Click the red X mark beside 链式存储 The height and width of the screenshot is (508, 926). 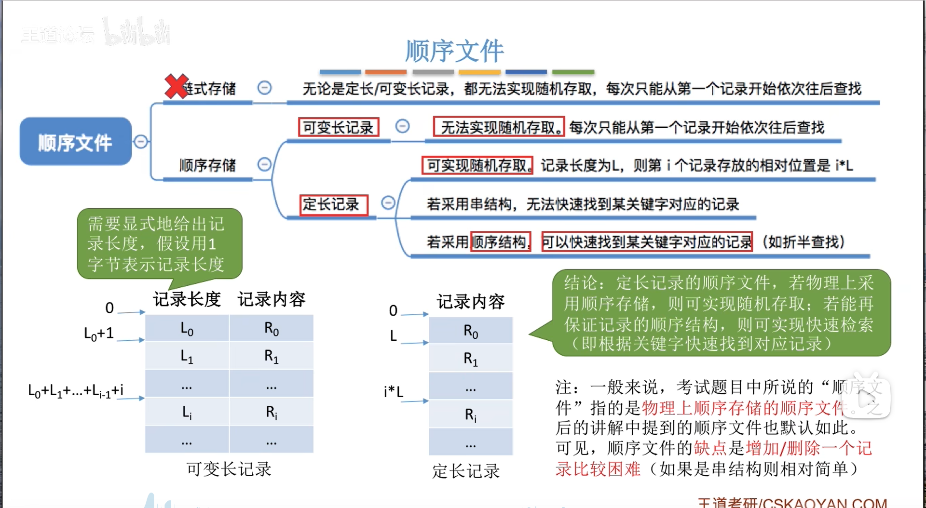(176, 87)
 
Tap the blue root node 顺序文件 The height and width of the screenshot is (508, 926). (75, 142)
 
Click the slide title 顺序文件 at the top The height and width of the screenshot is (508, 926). (454, 51)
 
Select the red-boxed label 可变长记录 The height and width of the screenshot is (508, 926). (338, 127)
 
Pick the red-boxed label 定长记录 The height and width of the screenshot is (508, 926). (333, 204)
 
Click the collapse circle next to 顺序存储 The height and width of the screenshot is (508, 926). (264, 164)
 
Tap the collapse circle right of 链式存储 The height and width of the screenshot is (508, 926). (264, 88)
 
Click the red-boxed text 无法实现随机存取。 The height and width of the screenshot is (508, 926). (499, 127)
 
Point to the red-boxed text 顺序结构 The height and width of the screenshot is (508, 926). (500, 241)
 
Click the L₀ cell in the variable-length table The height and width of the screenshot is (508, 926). (187, 329)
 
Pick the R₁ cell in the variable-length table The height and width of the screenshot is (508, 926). (272, 356)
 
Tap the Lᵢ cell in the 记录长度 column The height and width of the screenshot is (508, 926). (187, 412)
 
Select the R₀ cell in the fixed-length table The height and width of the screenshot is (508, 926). (471, 331)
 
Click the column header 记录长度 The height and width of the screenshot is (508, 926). (187, 299)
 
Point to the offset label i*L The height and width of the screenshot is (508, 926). (394, 391)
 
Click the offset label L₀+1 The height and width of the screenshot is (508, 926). (99, 333)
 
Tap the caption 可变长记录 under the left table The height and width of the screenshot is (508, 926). (229, 469)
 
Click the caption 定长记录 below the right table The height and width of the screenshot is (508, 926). (466, 471)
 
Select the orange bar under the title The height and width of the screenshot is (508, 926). (385, 72)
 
